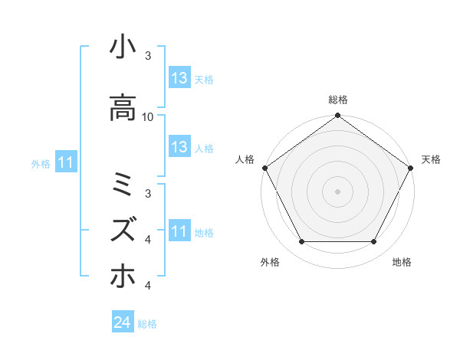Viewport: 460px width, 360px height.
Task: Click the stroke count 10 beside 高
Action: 148,117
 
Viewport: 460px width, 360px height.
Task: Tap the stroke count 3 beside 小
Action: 148,57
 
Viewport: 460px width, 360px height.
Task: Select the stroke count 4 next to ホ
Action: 148,286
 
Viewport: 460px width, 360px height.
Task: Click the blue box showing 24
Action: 123,323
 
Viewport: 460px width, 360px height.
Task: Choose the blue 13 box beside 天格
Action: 179,78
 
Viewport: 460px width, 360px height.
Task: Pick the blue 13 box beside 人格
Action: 179,147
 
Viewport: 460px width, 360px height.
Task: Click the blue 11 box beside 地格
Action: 179,232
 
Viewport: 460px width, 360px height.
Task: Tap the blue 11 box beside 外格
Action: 66,162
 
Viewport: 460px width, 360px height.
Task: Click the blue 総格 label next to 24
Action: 147,324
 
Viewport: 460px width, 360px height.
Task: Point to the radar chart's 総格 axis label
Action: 337,100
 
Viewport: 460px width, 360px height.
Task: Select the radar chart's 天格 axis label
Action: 431,159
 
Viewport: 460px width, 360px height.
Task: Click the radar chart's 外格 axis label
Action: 270,262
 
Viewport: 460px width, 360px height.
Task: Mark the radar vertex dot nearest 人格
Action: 264,168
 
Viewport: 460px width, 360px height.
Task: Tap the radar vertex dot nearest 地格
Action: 374,242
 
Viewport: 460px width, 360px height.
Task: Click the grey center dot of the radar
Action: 337,191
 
